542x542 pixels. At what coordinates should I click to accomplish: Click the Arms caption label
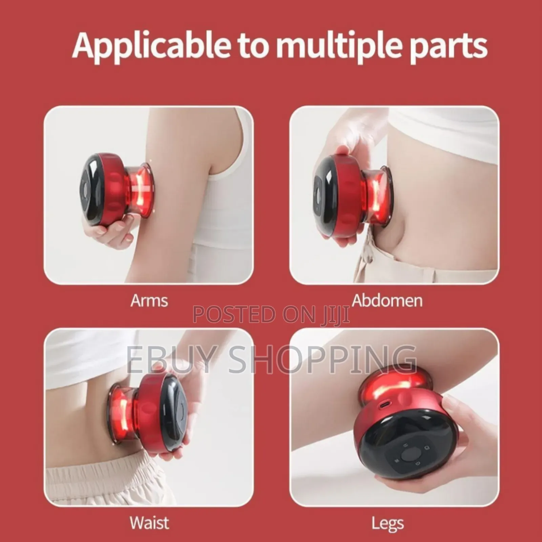[x=149, y=301]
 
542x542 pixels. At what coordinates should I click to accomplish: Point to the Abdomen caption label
[x=387, y=301]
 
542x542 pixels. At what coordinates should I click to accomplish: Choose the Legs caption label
[x=388, y=523]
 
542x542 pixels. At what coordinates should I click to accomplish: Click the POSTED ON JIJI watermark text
[x=271, y=314]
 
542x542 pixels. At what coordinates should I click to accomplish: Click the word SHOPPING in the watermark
[x=322, y=359]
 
